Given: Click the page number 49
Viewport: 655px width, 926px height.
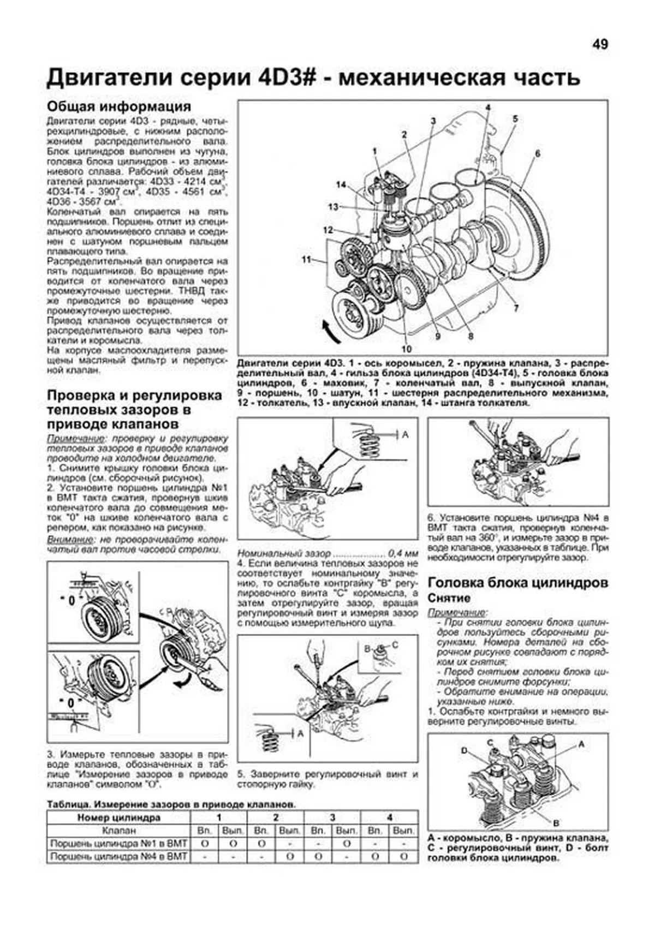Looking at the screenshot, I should [599, 45].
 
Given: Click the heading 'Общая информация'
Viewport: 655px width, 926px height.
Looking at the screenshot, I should [119, 106].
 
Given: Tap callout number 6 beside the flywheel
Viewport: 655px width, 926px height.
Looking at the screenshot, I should [538, 154].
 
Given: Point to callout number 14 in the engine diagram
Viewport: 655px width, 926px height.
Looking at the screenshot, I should [341, 185].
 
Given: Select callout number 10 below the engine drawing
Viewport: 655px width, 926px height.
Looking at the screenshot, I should [406, 349].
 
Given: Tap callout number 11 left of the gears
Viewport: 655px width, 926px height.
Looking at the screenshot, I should [306, 259].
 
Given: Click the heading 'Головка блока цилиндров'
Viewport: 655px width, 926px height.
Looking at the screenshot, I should [517, 583].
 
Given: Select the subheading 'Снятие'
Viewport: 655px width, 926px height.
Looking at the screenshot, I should [449, 598].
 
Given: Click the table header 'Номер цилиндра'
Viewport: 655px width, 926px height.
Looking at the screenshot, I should [118, 817].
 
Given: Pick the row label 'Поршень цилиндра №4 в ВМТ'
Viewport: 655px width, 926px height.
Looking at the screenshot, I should [118, 857].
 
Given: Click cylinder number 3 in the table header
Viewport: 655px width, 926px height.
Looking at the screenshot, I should [332, 817].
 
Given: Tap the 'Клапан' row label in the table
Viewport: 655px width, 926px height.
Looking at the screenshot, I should [118, 831].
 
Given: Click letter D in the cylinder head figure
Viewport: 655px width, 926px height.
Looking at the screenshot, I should [465, 751].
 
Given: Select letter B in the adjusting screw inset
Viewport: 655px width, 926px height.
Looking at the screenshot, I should [367, 649].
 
